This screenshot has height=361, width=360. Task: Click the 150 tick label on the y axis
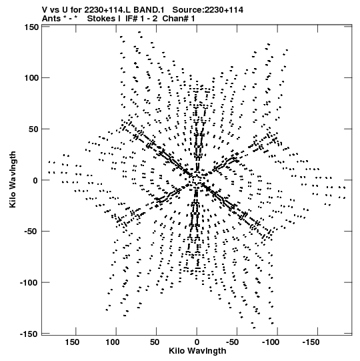pos(31,27)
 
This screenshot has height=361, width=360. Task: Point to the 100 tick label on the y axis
pos(31,78)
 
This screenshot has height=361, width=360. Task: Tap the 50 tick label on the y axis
pos(34,129)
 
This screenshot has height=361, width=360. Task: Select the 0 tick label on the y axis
pos(35,180)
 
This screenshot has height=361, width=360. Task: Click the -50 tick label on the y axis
pos(32,232)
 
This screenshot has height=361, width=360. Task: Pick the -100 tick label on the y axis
pos(30,282)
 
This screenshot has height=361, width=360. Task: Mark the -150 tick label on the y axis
pos(30,334)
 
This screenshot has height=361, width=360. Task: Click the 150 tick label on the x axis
pos(72,342)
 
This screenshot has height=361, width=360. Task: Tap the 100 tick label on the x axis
pos(113,342)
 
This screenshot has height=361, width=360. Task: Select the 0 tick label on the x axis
pos(197,342)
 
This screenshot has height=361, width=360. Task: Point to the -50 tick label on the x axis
pos(233,342)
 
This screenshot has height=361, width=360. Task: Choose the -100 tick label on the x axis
pos(271,342)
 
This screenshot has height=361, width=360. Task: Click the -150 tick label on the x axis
pos(311,342)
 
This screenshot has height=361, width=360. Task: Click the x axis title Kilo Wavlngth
pos(197,351)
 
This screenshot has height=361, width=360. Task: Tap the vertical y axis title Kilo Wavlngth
pos(13,179)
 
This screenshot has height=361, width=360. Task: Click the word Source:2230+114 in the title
pos(208,10)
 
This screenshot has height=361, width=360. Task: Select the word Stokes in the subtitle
pos(101,19)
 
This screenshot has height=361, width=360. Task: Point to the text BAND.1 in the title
pos(149,10)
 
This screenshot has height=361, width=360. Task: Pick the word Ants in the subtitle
pos(51,19)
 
